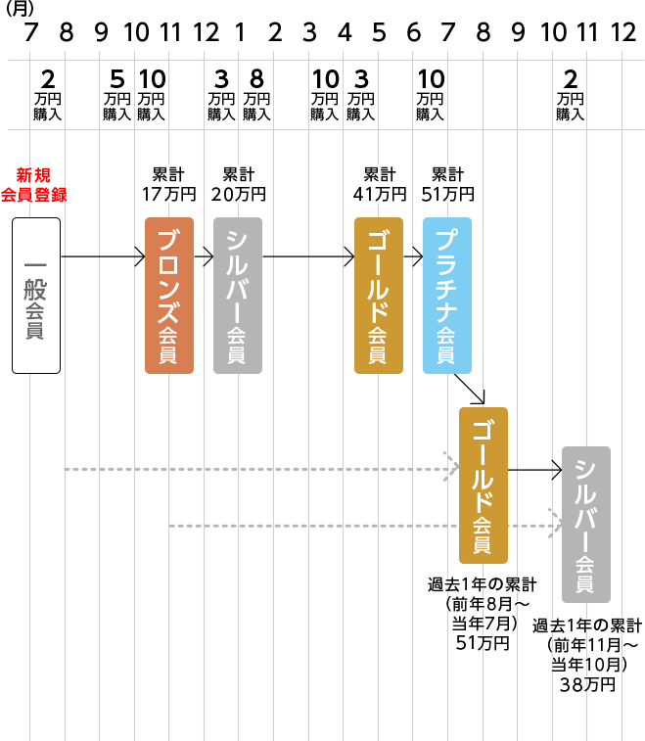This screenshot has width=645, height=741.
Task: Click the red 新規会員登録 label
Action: point(33,185)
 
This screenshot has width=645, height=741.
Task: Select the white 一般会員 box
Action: point(36,295)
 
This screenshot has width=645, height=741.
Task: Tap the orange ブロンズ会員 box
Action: point(169,295)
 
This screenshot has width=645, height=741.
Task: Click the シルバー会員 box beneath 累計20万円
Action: point(238,295)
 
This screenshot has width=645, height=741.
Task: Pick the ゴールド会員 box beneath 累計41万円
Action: point(379,295)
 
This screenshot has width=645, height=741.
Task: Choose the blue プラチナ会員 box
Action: point(447,295)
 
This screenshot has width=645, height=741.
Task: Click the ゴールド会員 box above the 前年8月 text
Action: point(484,485)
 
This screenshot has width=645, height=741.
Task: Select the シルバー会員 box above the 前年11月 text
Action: point(586,524)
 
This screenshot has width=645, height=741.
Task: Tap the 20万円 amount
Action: point(238,194)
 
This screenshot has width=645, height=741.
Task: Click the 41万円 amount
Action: point(379,194)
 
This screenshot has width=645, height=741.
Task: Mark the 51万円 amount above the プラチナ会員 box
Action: point(447,194)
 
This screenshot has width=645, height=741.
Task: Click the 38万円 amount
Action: point(587,684)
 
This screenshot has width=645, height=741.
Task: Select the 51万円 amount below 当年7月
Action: point(484,643)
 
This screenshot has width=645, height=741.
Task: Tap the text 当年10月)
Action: point(587,665)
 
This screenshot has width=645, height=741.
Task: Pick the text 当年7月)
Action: point(484,624)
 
